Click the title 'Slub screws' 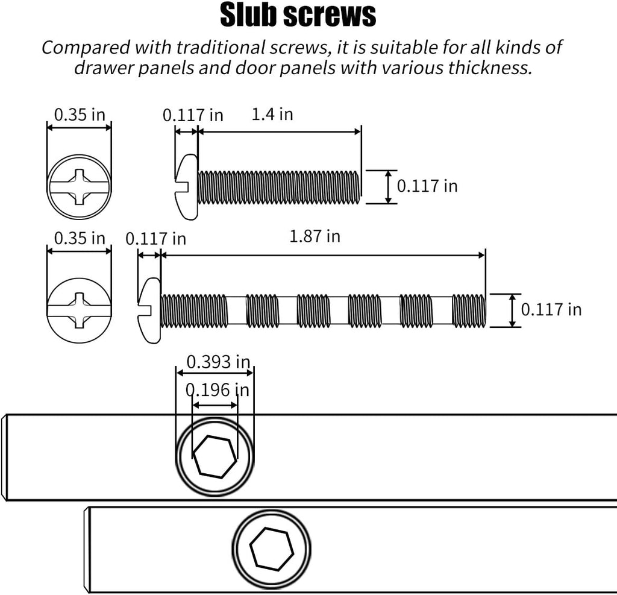tap(298, 15)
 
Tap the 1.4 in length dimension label tap(272, 114)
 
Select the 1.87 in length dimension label tap(315, 236)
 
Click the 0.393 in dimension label tap(218, 362)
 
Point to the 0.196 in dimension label tap(217, 390)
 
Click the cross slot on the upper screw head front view tap(79, 187)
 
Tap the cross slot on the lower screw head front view tap(79, 310)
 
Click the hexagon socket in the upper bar tap(215, 457)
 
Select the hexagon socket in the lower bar tap(272, 549)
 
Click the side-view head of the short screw tap(187, 187)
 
